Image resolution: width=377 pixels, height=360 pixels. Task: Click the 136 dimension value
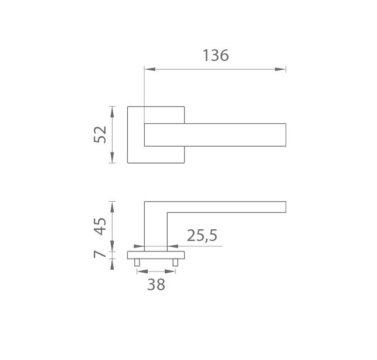pyautogui.click(x=216, y=55)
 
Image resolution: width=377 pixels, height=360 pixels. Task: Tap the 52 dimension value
pyautogui.click(x=100, y=134)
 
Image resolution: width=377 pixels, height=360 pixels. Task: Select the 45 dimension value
pyautogui.click(x=100, y=226)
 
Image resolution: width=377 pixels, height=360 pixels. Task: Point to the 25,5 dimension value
pyautogui.click(x=202, y=236)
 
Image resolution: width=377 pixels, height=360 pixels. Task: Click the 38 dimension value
pyautogui.click(x=156, y=284)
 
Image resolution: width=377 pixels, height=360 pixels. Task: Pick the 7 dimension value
pyautogui.click(x=100, y=254)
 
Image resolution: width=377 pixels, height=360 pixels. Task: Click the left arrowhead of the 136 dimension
pyautogui.click(x=150, y=69)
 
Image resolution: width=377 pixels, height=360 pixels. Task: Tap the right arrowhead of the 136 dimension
pyautogui.click(x=280, y=69)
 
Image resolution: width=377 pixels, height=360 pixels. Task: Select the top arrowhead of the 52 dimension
pyautogui.click(x=112, y=112)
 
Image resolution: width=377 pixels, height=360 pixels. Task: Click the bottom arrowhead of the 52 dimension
pyautogui.click(x=112, y=158)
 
